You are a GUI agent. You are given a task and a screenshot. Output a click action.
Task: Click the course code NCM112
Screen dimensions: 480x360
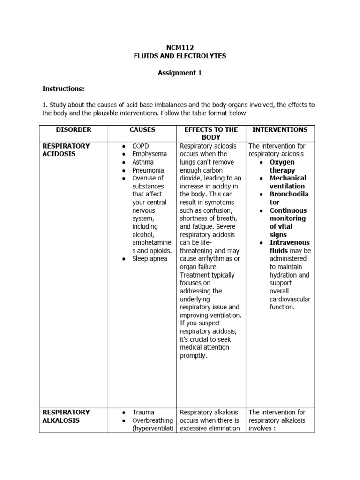180,47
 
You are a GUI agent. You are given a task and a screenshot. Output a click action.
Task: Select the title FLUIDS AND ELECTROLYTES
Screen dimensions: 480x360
180,56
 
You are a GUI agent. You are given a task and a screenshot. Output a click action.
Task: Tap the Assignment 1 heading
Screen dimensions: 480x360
180,73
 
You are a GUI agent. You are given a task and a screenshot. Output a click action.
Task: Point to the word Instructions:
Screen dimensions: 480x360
63,88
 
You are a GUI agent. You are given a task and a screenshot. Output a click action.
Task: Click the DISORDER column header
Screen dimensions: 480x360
74,129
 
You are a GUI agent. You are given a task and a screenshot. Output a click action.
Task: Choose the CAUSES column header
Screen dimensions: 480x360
142,129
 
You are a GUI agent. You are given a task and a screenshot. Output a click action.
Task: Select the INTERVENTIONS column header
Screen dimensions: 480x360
280,129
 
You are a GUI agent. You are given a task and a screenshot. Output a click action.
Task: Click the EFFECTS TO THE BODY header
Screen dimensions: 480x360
211,133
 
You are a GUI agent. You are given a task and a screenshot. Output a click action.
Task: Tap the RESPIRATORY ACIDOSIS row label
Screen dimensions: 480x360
66,150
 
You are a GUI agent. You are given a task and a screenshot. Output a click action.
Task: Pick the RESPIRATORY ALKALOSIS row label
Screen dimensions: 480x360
66,416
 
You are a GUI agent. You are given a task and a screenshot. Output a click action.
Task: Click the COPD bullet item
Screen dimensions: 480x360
141,146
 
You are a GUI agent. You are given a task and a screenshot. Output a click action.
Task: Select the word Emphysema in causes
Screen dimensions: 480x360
150,154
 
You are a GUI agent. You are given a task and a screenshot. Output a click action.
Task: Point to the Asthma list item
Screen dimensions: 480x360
143,162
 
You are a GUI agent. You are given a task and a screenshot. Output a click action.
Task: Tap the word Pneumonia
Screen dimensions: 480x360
148,170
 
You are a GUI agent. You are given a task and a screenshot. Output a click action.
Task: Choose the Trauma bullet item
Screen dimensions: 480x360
143,412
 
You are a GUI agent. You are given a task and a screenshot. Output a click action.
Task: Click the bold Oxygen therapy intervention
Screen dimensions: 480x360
282,166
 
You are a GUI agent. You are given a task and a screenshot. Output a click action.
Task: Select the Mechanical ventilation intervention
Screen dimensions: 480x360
288,182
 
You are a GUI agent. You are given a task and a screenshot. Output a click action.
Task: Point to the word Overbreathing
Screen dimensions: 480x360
152,420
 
